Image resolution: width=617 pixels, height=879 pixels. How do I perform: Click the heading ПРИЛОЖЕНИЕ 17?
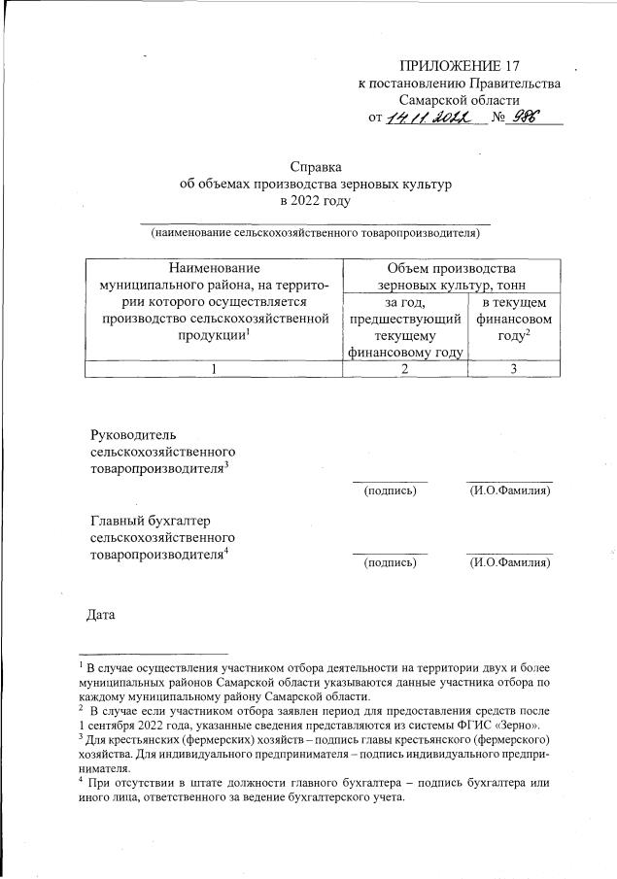[x=460, y=66]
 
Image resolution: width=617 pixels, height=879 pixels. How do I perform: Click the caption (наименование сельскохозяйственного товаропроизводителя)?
[x=315, y=233]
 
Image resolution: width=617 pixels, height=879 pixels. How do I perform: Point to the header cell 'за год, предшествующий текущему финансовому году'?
[x=406, y=326]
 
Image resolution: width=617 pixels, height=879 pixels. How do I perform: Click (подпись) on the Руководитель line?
[x=390, y=492]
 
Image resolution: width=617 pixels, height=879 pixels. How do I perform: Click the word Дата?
[x=102, y=615]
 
